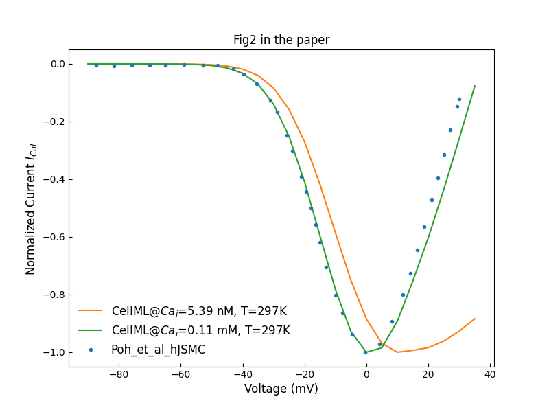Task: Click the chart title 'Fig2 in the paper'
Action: tap(281, 40)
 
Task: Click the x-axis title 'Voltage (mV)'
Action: tap(281, 389)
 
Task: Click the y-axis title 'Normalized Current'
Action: tap(31, 208)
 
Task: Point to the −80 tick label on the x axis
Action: tap(119, 374)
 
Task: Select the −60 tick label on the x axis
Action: tap(180, 374)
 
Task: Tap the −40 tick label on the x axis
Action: tap(242, 374)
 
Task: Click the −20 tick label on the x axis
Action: tap(304, 374)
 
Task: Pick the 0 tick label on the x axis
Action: tap(366, 374)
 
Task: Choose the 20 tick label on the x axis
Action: tap(428, 374)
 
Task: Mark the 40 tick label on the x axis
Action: tap(489, 374)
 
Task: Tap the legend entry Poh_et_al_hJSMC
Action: tap(158, 350)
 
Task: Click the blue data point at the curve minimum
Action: tap(365, 352)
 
